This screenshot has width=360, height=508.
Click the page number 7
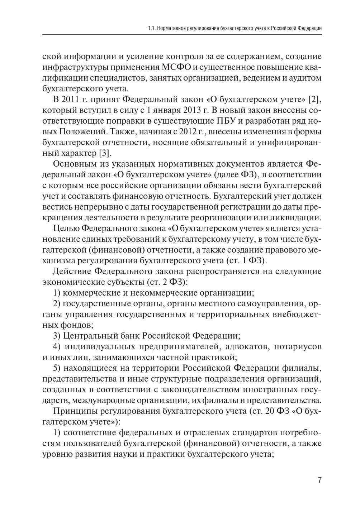319,480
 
